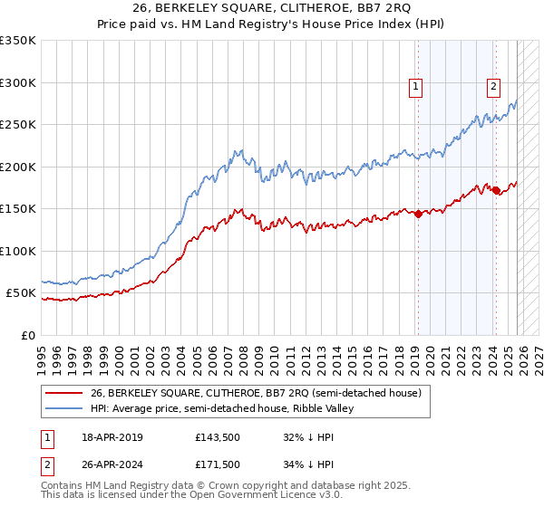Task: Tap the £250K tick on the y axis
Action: point(18,125)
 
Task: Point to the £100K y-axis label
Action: point(18,251)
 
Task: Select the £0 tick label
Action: point(28,335)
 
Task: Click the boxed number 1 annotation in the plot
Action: point(415,87)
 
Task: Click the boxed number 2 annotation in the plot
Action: point(493,87)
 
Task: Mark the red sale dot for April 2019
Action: point(418,215)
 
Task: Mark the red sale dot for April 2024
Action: point(496,190)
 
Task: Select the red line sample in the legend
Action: point(63,394)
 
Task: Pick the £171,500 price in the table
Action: point(217,464)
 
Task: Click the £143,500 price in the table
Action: point(217,437)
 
